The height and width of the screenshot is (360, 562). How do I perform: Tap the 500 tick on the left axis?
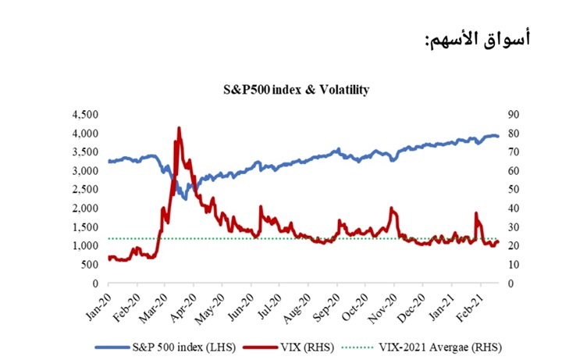(x=88, y=265)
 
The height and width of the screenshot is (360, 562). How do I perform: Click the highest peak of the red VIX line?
(x=179, y=128)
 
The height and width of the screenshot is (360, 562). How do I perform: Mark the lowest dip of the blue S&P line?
(x=184, y=198)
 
